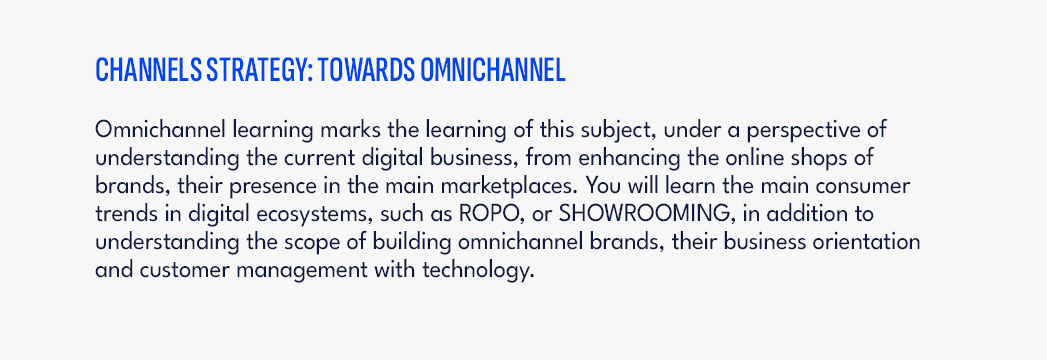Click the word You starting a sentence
coord(592,187)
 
